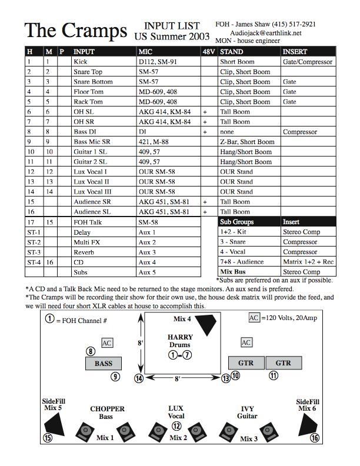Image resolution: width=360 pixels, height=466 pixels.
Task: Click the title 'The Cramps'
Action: click(75, 31)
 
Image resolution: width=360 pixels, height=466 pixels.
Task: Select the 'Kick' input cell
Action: click(81, 62)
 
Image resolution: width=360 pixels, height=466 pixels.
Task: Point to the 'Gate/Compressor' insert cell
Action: click(308, 62)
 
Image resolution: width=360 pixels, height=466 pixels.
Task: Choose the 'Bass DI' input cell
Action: click(86, 132)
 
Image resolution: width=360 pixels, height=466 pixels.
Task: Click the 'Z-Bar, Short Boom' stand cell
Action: click(247, 142)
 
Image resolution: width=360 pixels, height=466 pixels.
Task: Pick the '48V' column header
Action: click(208, 52)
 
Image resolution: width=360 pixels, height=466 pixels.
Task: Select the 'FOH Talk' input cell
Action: click(88, 222)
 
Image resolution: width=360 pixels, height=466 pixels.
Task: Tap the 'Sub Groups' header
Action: click(237, 222)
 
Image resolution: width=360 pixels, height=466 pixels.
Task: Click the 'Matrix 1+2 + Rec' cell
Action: click(308, 262)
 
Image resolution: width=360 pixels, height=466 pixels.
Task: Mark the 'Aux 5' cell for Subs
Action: click(148, 272)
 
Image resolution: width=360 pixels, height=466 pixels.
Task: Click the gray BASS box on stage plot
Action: click(104, 364)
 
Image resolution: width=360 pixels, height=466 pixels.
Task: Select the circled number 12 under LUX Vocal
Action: click(176, 426)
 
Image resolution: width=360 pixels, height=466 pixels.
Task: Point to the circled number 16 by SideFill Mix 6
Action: click(315, 438)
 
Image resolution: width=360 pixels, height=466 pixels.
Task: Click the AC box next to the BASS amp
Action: click(107, 342)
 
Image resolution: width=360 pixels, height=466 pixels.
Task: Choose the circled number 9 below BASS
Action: click(116, 377)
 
